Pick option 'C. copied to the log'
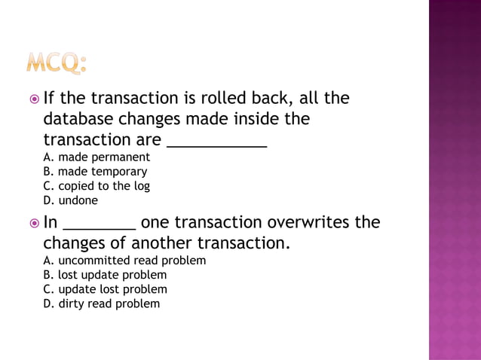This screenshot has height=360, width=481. pyautogui.click(x=97, y=186)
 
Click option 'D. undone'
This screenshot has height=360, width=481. pyautogui.click(x=71, y=200)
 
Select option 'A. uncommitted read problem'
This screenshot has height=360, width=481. pyautogui.click(x=124, y=261)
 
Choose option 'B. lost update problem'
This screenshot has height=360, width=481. pyautogui.click(x=105, y=275)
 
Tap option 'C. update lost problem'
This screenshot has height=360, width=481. pyautogui.click(x=106, y=289)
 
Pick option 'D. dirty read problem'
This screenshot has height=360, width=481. pyautogui.click(x=102, y=304)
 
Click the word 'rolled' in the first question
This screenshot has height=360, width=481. pyautogui.click(x=228, y=99)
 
